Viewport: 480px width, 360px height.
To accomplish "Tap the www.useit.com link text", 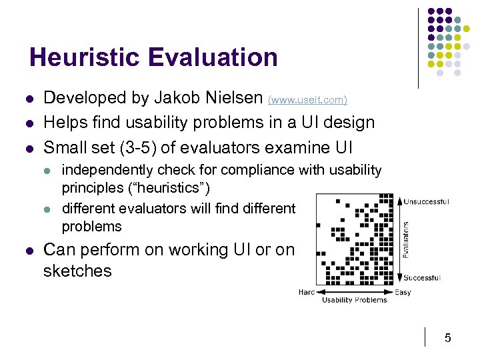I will pyautogui.click(x=307, y=100).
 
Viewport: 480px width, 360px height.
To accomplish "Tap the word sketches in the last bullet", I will pyautogui.click(x=77, y=271).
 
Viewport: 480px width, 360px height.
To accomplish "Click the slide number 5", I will pyautogui.click(x=448, y=338).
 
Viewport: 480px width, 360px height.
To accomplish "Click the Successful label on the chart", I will pyautogui.click(x=422, y=278).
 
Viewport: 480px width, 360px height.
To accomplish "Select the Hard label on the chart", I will pyautogui.click(x=307, y=291).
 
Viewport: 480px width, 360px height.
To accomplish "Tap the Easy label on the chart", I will pyautogui.click(x=403, y=291).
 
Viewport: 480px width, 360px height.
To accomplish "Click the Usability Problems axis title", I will pyautogui.click(x=355, y=300).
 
